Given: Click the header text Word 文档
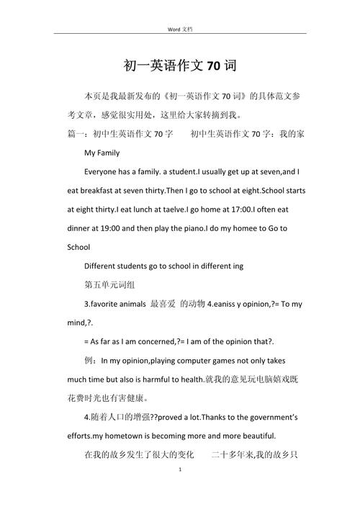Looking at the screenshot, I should click(180, 27).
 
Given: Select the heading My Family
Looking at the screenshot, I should click(102, 153).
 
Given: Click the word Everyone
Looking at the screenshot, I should click(102, 172).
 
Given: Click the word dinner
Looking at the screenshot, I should click(81, 228).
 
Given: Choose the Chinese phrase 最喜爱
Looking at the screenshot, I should click(162, 304).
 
